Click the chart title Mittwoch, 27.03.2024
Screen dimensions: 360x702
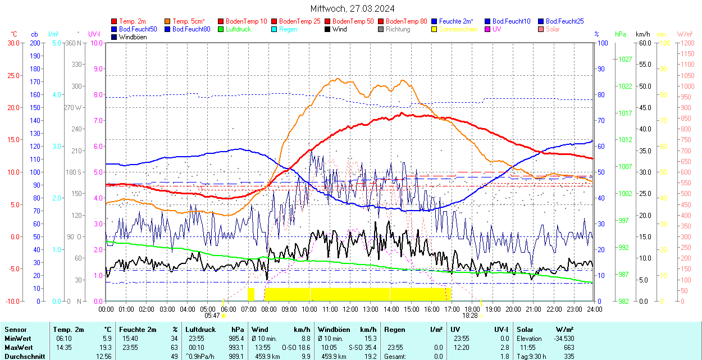pos(352,8)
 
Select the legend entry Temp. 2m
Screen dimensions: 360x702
pos(133,21)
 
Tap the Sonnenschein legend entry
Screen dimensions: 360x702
pos(458,29)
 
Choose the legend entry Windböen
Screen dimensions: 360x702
pos(132,37)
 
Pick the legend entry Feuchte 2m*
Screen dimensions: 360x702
pos(456,21)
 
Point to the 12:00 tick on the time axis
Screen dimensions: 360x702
pos(350,309)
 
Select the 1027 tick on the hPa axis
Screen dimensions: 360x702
pos(626,59)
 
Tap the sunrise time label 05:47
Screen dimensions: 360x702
pos(212,316)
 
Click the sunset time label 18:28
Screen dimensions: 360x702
pos(469,316)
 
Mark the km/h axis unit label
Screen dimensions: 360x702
pos(643,34)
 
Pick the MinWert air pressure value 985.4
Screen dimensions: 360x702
pos(236,339)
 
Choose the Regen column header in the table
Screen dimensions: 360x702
pos(394,330)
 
